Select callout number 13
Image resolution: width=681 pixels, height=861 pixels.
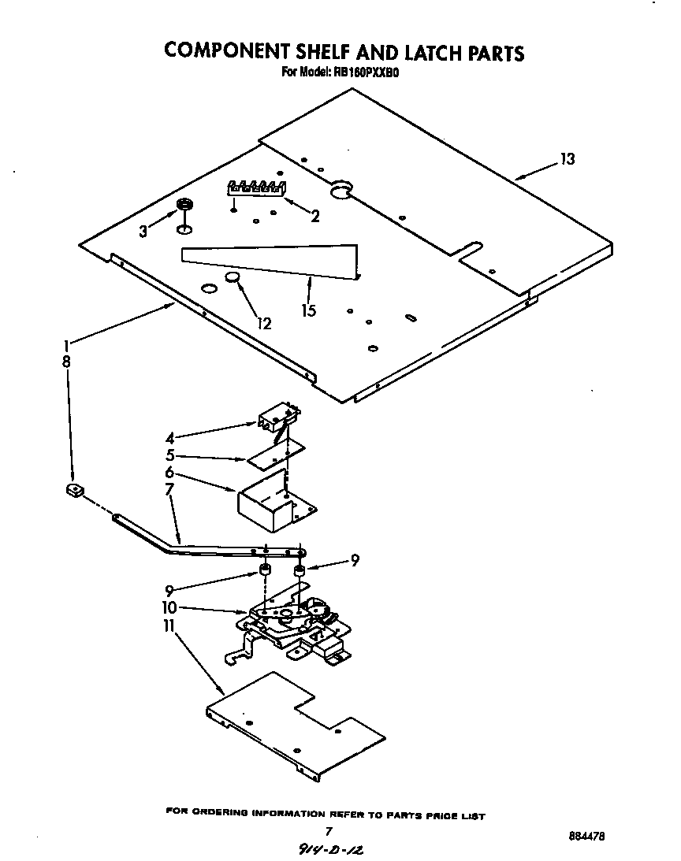567,159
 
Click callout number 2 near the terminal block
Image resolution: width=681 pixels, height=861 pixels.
314,216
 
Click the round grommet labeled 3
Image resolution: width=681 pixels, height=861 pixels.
184,205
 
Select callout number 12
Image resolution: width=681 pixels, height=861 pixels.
263,323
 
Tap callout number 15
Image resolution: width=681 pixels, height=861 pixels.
308,310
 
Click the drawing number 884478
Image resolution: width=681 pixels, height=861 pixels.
587,836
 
